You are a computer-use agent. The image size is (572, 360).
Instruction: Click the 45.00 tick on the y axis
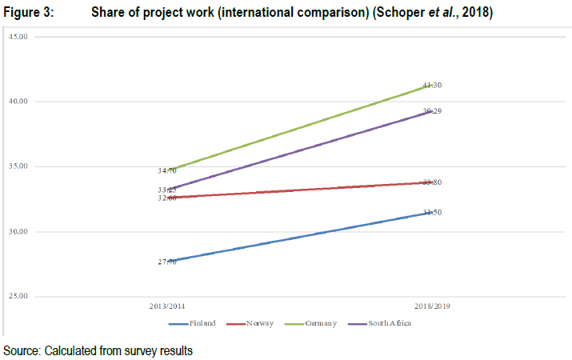(17, 37)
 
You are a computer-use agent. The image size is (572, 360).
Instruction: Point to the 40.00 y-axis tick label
(17, 102)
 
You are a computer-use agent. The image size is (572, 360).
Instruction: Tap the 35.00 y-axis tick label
(17, 166)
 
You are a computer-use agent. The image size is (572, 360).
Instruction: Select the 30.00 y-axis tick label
(17, 232)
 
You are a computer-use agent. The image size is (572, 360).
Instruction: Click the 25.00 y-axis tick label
(17, 297)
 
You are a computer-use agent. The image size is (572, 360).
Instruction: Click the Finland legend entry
(202, 323)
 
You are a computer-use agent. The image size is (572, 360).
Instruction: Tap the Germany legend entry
(321, 323)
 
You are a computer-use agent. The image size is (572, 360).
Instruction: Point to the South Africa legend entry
(390, 323)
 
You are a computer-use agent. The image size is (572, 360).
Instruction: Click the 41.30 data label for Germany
(432, 85)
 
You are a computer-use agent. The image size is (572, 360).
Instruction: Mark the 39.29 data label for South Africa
(432, 111)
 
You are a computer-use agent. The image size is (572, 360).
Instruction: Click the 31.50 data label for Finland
(432, 212)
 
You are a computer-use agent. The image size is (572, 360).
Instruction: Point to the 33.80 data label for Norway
(432, 182)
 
